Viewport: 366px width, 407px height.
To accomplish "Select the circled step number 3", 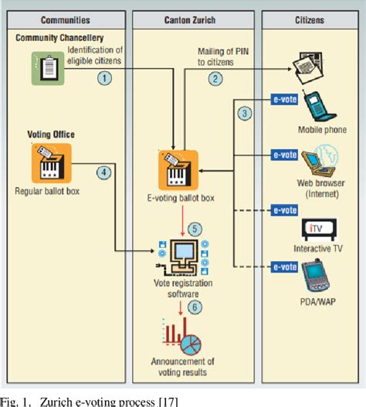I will (x=245, y=114).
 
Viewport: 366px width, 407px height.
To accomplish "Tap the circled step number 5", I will (x=195, y=229).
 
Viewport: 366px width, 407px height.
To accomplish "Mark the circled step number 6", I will (x=195, y=307).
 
